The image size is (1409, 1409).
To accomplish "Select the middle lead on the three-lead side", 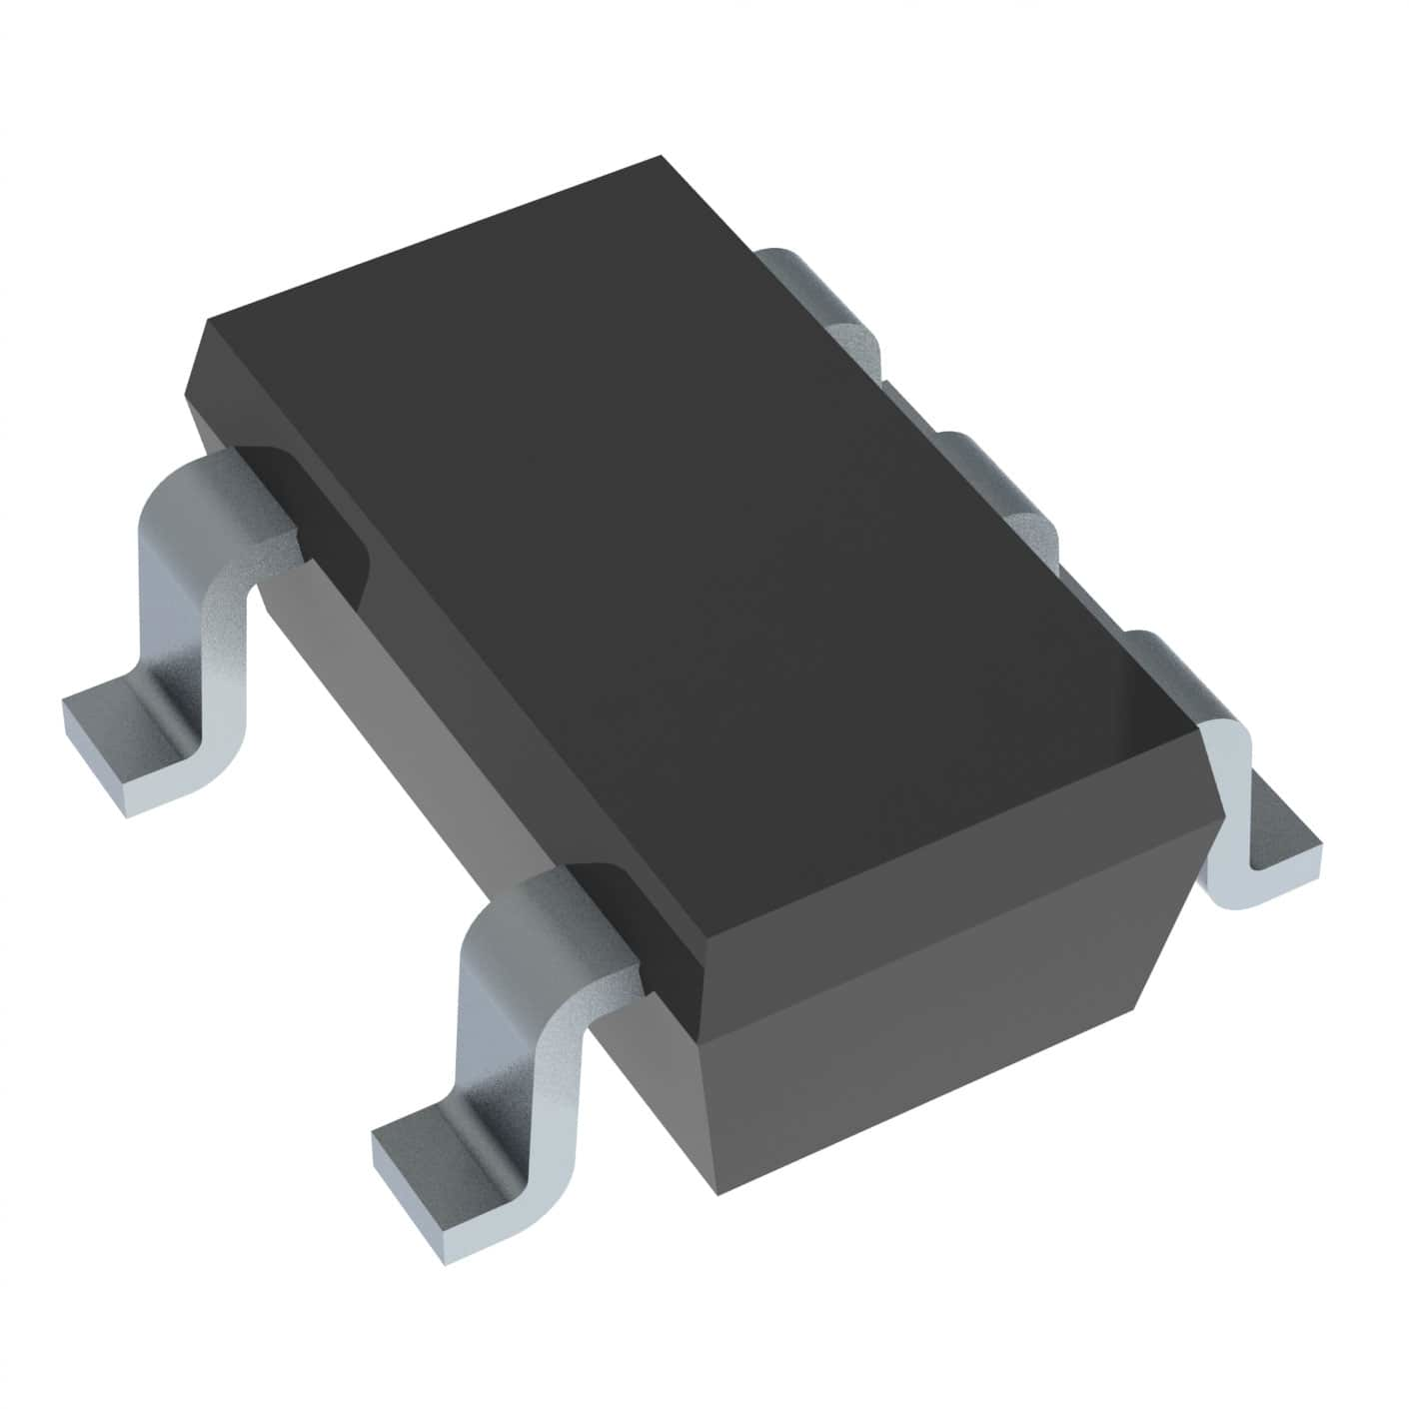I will click(x=999, y=490).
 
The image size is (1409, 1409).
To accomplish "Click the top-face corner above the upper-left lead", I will click(x=206, y=322).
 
